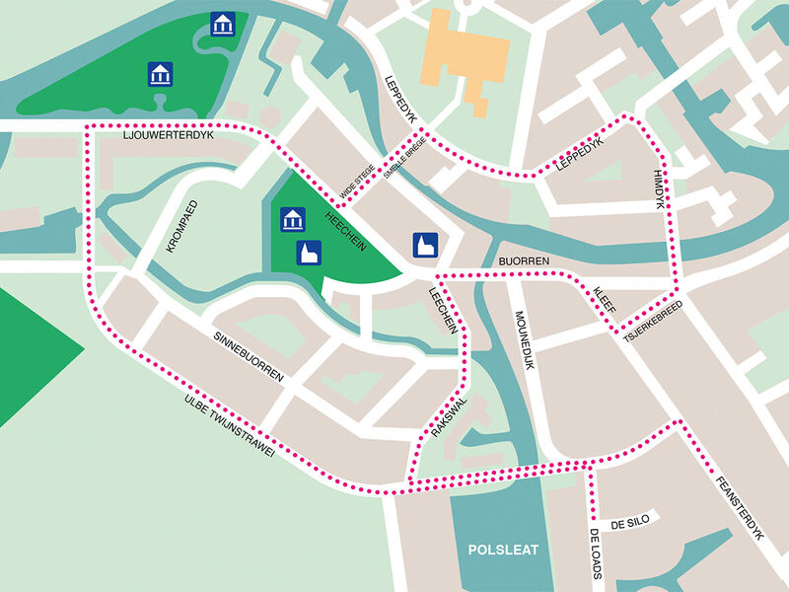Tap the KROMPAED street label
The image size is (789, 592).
point(182,227)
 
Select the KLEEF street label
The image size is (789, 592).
point(604,300)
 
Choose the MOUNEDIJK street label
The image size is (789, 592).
point(525,341)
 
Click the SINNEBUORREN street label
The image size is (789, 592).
point(248,357)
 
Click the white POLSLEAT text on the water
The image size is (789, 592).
point(503,550)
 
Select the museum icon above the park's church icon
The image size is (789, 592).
point(292,219)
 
